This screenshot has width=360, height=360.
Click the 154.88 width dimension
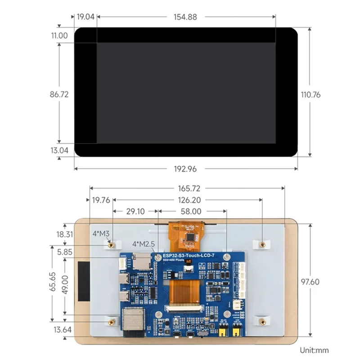tap(186, 17)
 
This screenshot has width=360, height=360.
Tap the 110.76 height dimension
tap(310, 95)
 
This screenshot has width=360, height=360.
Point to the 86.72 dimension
tap(58, 95)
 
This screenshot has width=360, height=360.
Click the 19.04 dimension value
tap(85, 17)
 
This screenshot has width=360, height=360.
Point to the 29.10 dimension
tap(135, 211)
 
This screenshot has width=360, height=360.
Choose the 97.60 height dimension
tap(310, 282)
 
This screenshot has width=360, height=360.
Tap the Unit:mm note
tap(314, 350)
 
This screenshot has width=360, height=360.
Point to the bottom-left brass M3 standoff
tap(111, 321)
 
